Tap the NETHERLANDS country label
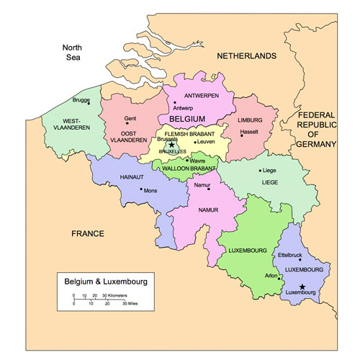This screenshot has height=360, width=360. point(247,55)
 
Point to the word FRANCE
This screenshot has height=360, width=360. point(88,233)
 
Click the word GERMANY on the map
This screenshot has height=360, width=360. point(317,144)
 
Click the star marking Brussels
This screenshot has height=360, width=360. point(171,144)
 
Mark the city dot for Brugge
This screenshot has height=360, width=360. point(89,102)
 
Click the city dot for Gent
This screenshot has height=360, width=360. point(130,127)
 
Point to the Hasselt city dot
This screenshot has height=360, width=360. point(242,135)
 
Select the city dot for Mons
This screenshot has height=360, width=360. point(141,190)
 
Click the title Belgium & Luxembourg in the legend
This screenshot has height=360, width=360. point(105,281)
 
